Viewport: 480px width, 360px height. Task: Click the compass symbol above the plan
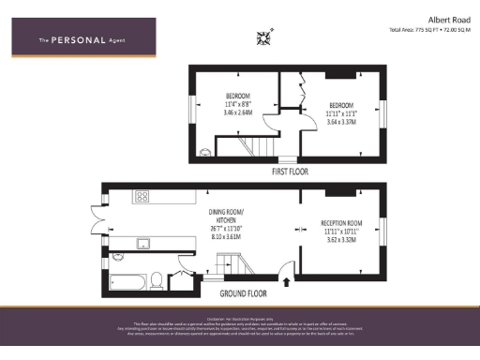pyautogui.click(x=264, y=37)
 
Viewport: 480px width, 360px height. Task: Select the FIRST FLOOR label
pyautogui.click(x=291, y=172)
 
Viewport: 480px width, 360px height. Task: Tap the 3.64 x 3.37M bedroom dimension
pyautogui.click(x=340, y=120)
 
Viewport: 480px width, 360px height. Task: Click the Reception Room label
pyautogui.click(x=339, y=223)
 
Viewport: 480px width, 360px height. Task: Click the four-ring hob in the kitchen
pyautogui.click(x=143, y=197)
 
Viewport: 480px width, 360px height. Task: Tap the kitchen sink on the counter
pyautogui.click(x=143, y=244)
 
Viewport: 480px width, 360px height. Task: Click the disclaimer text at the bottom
pyautogui.click(x=240, y=327)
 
